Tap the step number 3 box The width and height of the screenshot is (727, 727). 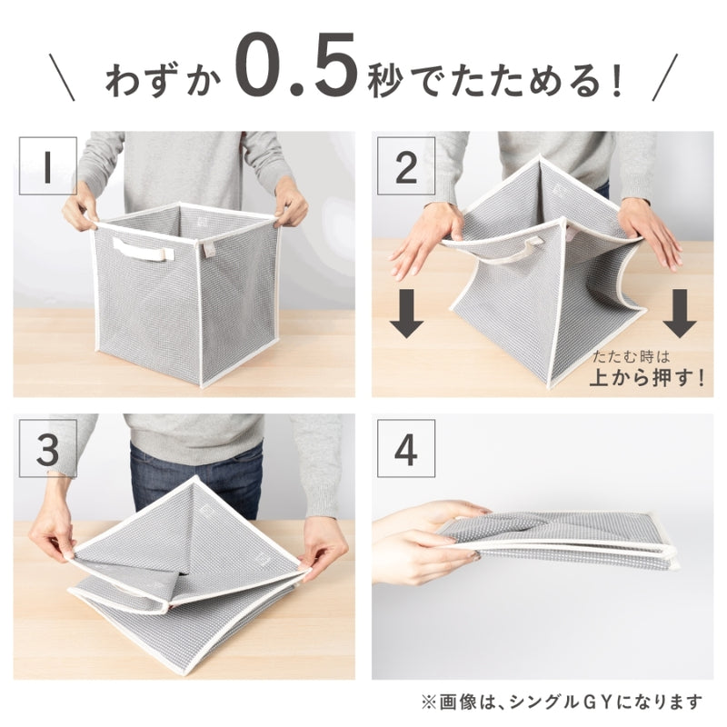(47, 449)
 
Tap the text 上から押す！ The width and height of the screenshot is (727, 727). (646, 379)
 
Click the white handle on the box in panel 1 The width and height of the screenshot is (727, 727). (142, 249)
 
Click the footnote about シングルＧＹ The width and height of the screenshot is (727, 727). (562, 702)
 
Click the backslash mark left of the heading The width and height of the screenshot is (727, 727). (61, 76)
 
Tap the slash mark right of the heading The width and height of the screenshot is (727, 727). (666, 76)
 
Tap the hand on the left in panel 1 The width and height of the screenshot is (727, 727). (80, 209)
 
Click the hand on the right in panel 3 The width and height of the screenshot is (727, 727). (323, 555)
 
